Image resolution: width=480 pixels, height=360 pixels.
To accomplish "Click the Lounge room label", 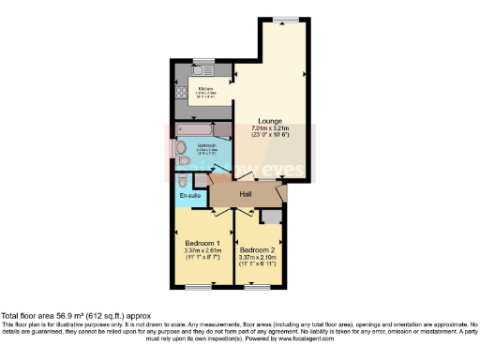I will click(x=271, y=121).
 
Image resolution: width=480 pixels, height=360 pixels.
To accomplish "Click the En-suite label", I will click(x=190, y=195).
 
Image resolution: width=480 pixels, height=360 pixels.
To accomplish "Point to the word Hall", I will click(x=246, y=194).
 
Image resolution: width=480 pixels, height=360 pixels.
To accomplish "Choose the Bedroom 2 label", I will click(x=257, y=250).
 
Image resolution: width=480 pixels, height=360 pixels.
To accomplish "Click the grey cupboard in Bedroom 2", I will click(x=271, y=217).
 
